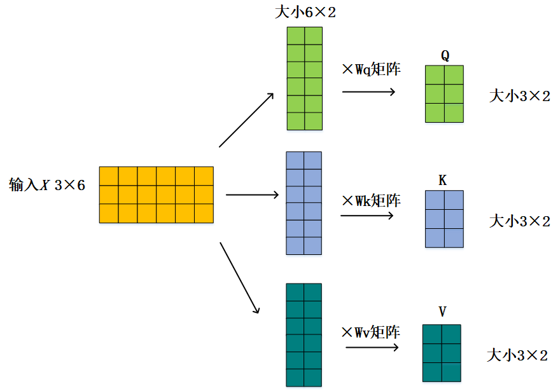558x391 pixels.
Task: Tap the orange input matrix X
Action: (156, 195)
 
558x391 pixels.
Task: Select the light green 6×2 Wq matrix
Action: (304, 79)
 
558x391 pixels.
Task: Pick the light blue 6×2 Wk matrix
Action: (303, 203)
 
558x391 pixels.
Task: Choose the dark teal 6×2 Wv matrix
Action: (304, 334)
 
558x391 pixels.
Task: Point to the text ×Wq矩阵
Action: (371, 69)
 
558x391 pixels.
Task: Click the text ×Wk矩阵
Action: (371, 200)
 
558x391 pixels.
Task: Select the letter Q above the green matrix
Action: (445, 56)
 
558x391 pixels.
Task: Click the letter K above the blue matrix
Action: (443, 181)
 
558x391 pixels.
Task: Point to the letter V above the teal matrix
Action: (442, 312)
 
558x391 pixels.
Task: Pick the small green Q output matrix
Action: (444, 93)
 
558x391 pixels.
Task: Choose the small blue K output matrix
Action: (444, 219)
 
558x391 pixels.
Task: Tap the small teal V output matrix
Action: (442, 353)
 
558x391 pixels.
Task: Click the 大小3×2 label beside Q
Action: (519, 96)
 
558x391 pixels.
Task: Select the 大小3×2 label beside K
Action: (519, 221)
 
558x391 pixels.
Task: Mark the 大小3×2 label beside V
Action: (517, 355)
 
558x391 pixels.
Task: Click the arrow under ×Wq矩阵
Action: (368, 92)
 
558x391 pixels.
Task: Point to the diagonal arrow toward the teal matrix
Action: (239, 277)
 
